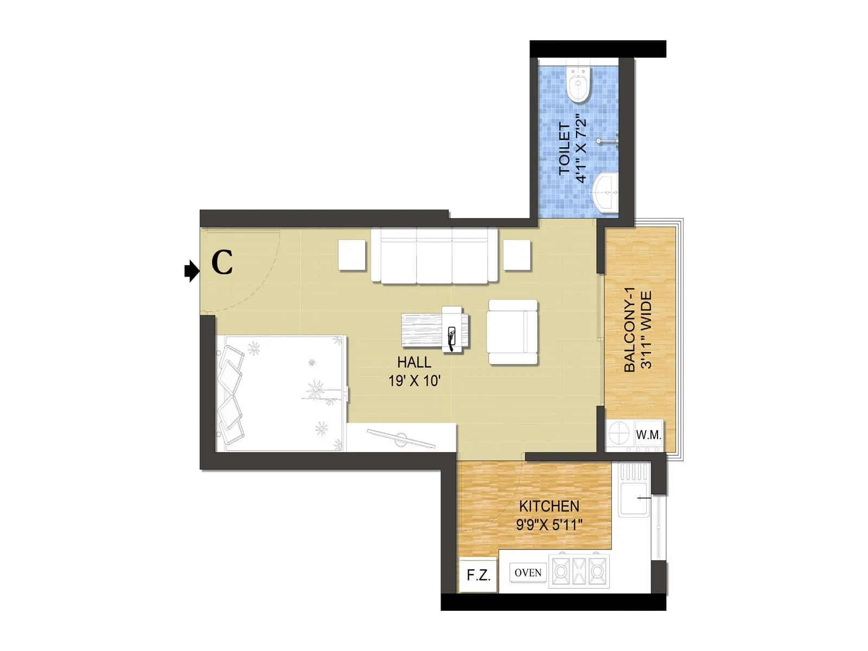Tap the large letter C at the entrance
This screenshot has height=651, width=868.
tap(222, 263)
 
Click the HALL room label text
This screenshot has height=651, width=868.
tap(414, 362)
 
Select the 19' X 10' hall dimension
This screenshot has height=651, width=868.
tap(414, 381)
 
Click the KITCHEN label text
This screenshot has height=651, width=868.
tap(549, 506)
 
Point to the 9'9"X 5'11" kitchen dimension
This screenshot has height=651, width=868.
tap(549, 525)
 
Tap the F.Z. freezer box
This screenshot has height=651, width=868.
tap(478, 575)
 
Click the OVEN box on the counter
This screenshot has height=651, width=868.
tap(528, 573)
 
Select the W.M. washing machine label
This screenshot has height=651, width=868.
tap(648, 435)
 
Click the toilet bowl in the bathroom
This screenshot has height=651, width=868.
tap(578, 86)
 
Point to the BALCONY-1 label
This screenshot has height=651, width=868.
tap(630, 329)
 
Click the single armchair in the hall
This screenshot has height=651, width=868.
tap(512, 332)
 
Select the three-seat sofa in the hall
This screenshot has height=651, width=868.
tap(434, 255)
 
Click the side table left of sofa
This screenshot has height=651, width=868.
tap(352, 254)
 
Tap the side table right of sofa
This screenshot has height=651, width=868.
tap(516, 254)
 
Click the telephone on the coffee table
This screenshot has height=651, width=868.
tap(451, 336)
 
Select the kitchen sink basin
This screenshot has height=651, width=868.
tap(634, 500)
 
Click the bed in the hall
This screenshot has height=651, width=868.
tap(282, 393)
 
